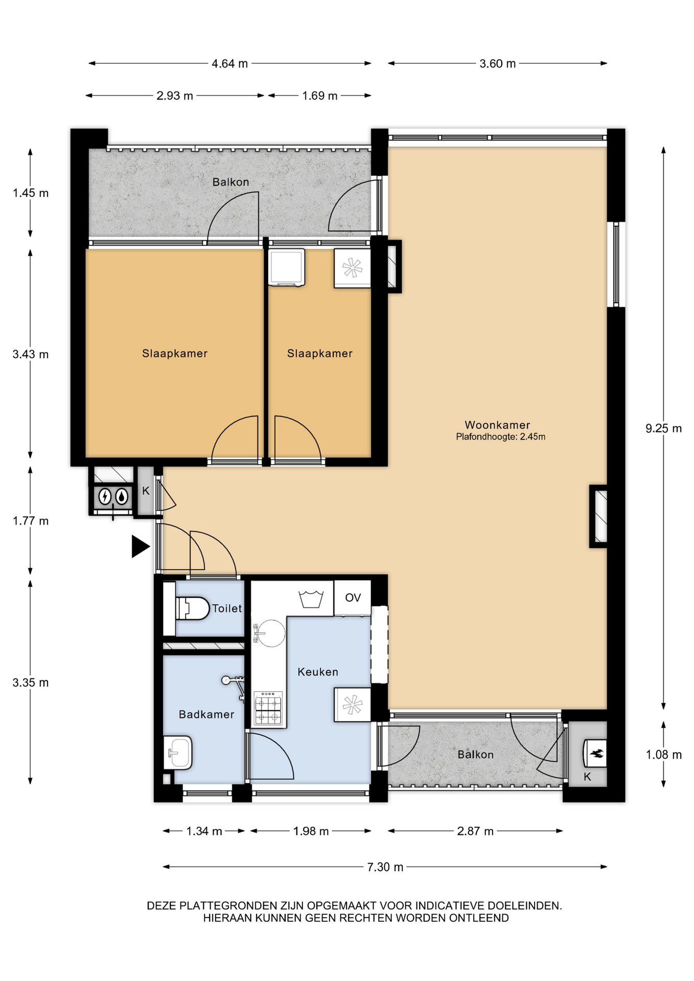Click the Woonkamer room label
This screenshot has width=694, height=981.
[x=497, y=425]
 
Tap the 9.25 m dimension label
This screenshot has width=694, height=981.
[x=663, y=428]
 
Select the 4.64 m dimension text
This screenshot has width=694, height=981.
[x=229, y=63]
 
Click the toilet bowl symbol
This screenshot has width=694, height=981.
[x=192, y=608]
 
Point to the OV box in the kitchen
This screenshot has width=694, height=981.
[x=353, y=598]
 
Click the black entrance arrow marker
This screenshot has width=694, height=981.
[x=141, y=546]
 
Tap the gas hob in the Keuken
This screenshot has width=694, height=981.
[x=268, y=708]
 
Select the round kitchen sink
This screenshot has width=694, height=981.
[x=269, y=633]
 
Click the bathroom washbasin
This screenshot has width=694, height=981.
[x=177, y=752]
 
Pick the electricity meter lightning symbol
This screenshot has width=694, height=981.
[x=105, y=496]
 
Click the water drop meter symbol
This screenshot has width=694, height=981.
[x=122, y=496]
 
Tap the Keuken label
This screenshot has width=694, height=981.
[x=318, y=672]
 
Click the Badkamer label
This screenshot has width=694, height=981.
[x=206, y=714]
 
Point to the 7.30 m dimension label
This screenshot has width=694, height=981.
[x=385, y=867]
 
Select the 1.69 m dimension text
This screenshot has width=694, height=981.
[x=319, y=96]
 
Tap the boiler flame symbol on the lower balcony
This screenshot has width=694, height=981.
[x=596, y=753]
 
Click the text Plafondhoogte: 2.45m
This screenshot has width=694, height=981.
[x=500, y=437]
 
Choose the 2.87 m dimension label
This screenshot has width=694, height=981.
[x=475, y=831]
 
